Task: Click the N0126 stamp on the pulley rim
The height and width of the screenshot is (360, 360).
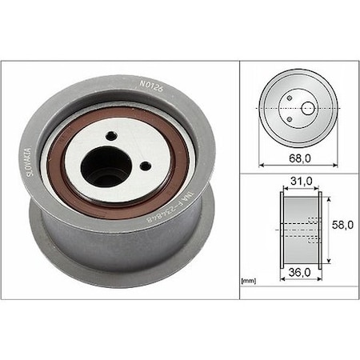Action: click(x=150, y=82)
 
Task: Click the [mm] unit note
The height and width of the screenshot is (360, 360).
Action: click(x=249, y=282)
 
